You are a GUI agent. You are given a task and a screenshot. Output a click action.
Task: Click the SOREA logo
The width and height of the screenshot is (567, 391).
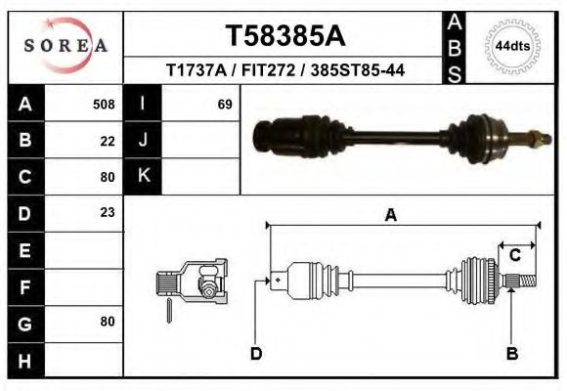click(66, 46)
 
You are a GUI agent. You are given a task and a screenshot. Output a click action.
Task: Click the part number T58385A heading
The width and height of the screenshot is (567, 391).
click(285, 36)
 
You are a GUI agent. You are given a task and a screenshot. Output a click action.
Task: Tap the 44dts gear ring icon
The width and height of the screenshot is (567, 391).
click(512, 46)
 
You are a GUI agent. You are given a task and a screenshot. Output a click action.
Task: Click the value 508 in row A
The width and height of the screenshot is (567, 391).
click(104, 104)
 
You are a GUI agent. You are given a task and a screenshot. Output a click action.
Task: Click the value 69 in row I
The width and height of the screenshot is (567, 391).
click(224, 104)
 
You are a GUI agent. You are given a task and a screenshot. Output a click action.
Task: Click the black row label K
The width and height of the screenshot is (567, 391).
click(144, 176)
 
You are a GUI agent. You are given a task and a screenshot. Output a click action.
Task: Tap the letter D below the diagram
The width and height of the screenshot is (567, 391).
click(256, 353)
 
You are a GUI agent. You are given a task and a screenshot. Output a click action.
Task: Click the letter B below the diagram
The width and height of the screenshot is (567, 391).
click(511, 353)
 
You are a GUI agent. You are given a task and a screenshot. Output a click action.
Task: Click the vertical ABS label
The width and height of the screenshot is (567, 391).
click(455, 46)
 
